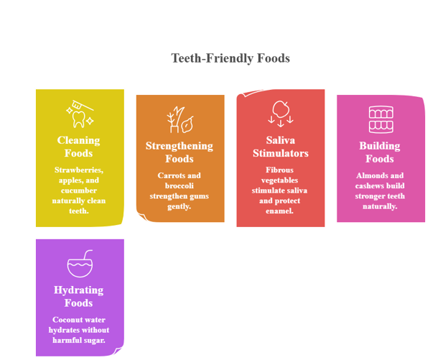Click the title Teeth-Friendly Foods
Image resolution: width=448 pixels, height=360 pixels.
(230, 58)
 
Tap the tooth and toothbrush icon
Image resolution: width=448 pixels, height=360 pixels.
(80, 114)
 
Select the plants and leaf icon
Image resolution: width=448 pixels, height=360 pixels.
(180, 119)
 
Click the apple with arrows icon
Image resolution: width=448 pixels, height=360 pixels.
(281, 114)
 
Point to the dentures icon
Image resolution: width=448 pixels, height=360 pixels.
(381, 119)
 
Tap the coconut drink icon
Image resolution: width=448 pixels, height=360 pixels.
(80, 264)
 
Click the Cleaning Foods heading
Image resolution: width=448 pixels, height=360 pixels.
(78, 147)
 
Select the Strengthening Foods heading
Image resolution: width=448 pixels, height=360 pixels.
(179, 152)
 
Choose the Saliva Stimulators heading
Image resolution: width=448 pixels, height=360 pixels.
(281, 147)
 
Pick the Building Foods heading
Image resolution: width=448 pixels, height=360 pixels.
(380, 152)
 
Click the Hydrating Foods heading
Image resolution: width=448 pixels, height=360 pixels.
(78, 297)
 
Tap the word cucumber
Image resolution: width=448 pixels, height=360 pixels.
(79, 190)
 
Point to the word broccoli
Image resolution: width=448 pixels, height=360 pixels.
(179, 186)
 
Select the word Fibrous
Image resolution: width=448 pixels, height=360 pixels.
(279, 170)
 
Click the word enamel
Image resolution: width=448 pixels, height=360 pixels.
(279, 211)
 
